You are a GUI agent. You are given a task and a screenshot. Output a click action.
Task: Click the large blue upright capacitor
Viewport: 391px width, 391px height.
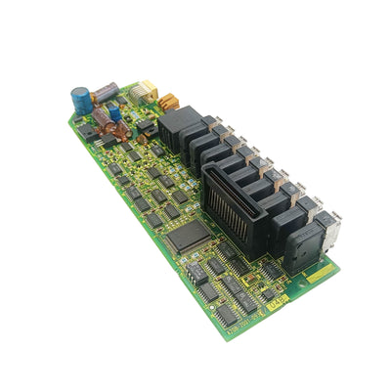(x=79, y=100)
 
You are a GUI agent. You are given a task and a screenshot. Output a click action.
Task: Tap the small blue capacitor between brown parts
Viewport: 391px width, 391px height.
(x=114, y=113)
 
